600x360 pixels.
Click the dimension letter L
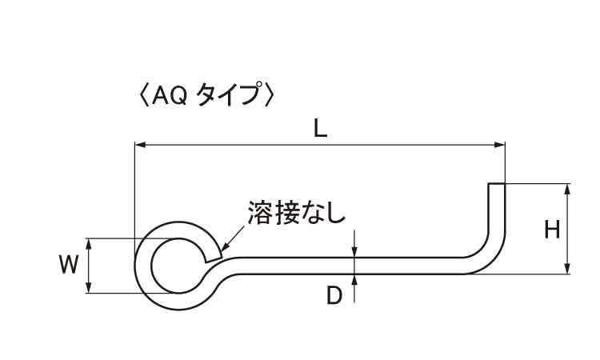(320, 130)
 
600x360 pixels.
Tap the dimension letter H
(552, 230)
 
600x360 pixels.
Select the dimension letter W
(69, 265)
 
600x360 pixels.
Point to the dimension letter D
(334, 295)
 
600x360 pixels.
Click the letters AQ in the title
(169, 96)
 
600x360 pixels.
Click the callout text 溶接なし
(297, 213)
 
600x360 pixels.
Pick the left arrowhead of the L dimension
(140, 145)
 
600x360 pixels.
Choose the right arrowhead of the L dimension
(500, 145)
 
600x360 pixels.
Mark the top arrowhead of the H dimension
(567, 190)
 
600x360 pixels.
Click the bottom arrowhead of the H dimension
(567, 269)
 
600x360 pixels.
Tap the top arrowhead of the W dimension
(88, 244)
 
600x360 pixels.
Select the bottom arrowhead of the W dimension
(88, 288)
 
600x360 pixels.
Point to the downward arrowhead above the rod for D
(354, 252)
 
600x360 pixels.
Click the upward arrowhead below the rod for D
(354, 280)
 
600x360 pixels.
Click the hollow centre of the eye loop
(178, 266)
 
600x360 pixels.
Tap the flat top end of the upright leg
(497, 184)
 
